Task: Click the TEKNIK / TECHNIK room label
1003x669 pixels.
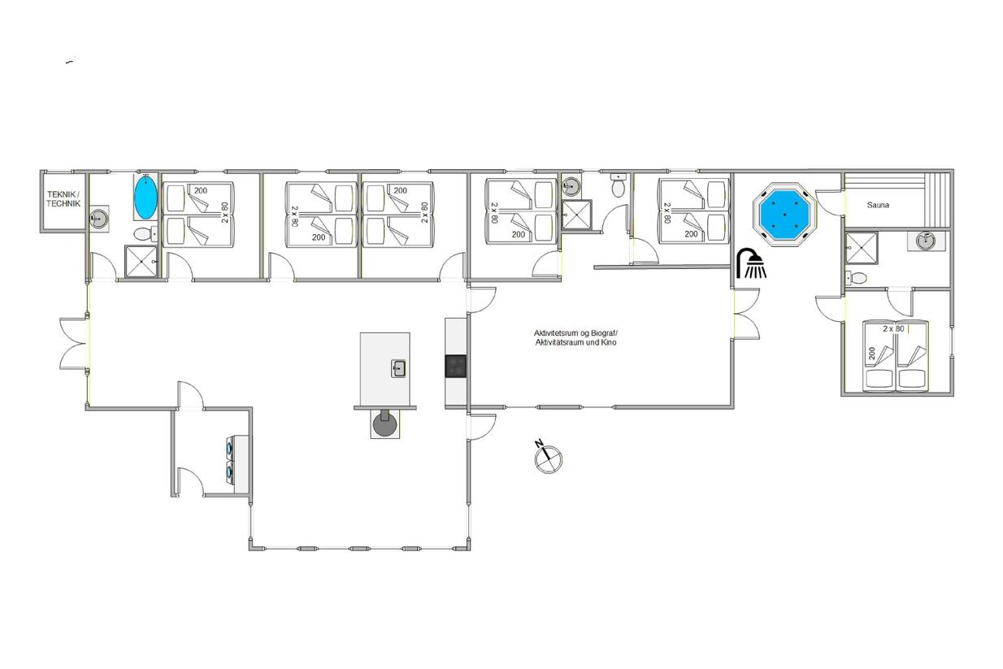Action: tap(63, 199)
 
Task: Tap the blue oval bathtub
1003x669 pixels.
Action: tap(145, 198)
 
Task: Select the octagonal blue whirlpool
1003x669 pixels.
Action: tap(785, 215)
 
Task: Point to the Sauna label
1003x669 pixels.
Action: tap(878, 205)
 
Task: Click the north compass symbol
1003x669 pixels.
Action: tap(548, 457)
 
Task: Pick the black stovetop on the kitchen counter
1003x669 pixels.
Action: tap(455, 367)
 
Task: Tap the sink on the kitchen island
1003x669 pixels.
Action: tap(398, 368)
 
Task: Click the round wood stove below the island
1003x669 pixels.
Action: tap(385, 423)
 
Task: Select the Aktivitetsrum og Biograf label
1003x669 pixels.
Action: tap(575, 333)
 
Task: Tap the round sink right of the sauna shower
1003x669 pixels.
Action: tap(926, 241)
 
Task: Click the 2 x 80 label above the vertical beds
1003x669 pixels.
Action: tap(893, 328)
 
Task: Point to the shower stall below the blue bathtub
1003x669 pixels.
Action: tap(141, 262)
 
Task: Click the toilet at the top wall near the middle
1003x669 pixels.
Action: tap(619, 185)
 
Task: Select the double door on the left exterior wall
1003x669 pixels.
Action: tap(74, 344)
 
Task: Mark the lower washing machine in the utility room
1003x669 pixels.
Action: tap(231, 471)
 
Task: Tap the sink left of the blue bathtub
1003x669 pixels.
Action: tap(99, 219)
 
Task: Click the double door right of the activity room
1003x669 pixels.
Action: tap(747, 314)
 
